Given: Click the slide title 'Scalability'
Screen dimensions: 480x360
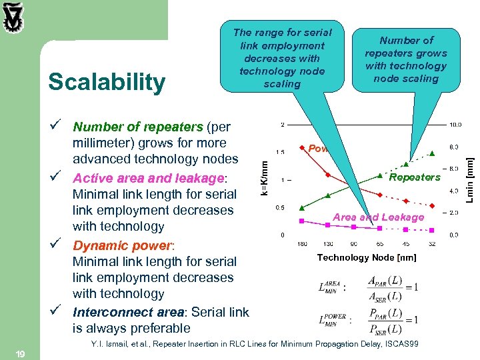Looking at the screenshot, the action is tap(107, 82).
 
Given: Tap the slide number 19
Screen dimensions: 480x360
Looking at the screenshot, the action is tap(20, 355).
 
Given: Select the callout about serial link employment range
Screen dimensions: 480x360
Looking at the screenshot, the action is tap(282, 58).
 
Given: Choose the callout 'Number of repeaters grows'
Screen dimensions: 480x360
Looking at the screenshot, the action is tap(405, 59).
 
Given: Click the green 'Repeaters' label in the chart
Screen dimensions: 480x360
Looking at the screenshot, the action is tap(414, 177).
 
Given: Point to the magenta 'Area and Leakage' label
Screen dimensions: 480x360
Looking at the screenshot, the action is tap(378, 217).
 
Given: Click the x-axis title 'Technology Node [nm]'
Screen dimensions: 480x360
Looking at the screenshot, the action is tap(367, 257).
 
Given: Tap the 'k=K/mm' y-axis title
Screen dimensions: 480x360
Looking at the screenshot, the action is tap(265, 175).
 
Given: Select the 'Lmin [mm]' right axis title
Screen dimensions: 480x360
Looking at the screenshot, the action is tap(469, 177).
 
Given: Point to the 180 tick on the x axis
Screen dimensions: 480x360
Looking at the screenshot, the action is tap(302, 244).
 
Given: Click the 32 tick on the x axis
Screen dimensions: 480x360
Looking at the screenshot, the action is tap(432, 244).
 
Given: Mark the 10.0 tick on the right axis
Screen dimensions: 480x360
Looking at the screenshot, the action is tap(453, 125).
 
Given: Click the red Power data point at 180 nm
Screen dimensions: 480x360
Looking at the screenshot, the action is tap(302, 147).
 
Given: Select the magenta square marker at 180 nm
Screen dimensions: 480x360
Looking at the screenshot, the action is tap(302, 220).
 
